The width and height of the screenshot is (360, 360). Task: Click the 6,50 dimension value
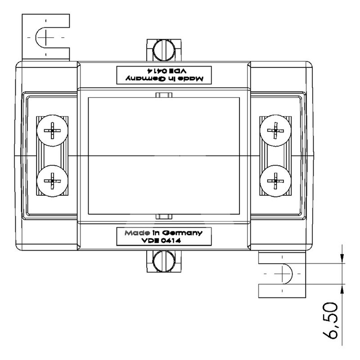pyautogui.click(x=330, y=320)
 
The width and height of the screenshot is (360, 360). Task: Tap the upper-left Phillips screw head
pyautogui.click(x=52, y=130)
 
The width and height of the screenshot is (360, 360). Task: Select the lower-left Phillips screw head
pyautogui.click(x=52, y=181)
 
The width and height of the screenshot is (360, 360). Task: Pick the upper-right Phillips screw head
pyautogui.click(x=275, y=130)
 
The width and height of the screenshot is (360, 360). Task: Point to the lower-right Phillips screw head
pyautogui.click(x=275, y=181)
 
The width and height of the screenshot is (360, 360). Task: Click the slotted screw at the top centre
pyautogui.click(x=164, y=50)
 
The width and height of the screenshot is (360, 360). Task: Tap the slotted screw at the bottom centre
pyautogui.click(x=164, y=261)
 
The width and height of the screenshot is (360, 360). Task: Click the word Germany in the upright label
pyautogui.click(x=182, y=233)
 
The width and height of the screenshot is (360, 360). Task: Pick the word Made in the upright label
pyautogui.click(x=137, y=233)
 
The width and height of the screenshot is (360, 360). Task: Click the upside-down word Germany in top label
pyautogui.click(x=145, y=78)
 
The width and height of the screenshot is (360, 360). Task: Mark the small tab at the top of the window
pyautogui.click(x=164, y=95)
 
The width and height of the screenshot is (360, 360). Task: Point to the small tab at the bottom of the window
pyautogui.click(x=164, y=216)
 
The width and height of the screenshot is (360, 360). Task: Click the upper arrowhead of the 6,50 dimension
pyautogui.click(x=342, y=257)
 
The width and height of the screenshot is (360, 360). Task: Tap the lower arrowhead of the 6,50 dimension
pyautogui.click(x=342, y=290)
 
